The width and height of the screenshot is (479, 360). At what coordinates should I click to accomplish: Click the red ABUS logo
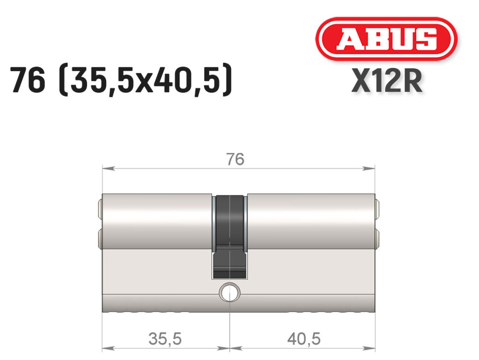point(386,39)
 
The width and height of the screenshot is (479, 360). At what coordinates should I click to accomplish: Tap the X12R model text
point(387,81)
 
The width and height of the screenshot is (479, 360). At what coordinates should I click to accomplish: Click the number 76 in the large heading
point(28,80)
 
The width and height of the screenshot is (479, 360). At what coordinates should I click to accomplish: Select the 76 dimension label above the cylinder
point(236,160)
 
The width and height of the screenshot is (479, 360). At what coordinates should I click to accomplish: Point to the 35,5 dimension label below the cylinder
point(165,339)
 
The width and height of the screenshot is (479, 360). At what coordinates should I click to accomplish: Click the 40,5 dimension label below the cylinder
point(304,339)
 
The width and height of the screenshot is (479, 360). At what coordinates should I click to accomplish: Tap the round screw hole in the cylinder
point(229,293)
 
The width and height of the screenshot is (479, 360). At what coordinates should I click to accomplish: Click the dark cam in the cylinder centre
point(229,237)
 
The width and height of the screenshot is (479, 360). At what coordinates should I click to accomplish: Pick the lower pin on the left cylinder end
point(100,239)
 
